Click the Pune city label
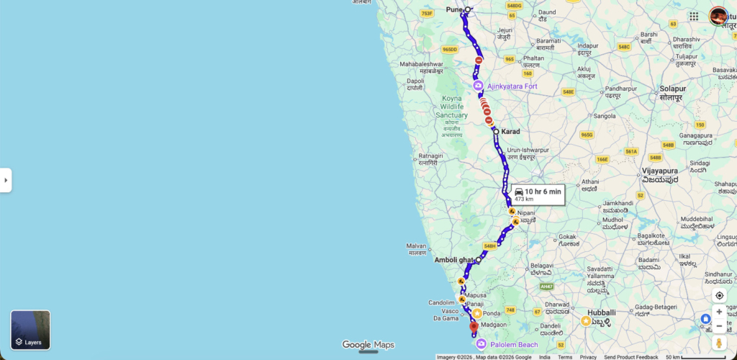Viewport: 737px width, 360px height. tap(454, 9)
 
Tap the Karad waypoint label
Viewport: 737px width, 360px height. tap(510, 132)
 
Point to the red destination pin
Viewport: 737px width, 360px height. tap(474, 328)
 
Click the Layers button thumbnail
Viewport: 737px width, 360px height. tap(30, 330)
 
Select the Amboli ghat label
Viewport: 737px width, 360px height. tap(453, 259)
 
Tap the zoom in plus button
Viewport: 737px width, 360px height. tap(719, 312)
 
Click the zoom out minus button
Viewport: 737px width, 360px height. tap(719, 326)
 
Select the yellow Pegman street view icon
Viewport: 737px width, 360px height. tap(719, 343)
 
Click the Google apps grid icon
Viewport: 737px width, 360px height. tap(694, 16)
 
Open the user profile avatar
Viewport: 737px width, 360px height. tap(718, 16)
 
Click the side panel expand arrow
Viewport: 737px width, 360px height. tap(6, 180)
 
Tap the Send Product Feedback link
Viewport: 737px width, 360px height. tap(631, 357)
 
